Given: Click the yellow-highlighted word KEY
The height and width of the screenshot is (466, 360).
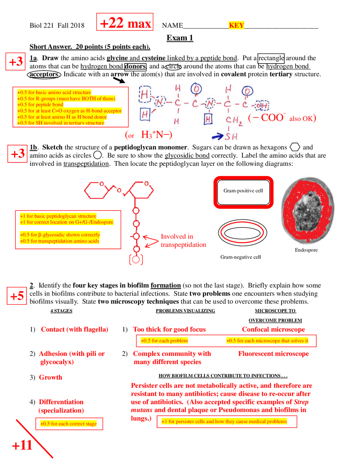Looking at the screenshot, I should pyautogui.click(x=236, y=25).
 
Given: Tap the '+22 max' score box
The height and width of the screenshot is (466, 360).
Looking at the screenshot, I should pyautogui.click(x=125, y=22).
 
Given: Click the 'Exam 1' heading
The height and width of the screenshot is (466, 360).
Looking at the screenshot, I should pyautogui.click(x=180, y=38).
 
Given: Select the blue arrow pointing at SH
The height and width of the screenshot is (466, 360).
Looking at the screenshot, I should pyautogui.click(x=217, y=137).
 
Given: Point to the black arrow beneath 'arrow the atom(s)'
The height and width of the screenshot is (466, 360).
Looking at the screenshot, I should pyautogui.click(x=119, y=80).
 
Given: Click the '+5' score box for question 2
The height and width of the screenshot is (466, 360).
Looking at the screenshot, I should pyautogui.click(x=17, y=296).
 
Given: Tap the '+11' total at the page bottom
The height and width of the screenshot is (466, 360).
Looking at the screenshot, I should pyautogui.click(x=22, y=445).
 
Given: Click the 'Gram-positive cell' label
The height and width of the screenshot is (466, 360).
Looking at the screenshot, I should pyautogui.click(x=243, y=191).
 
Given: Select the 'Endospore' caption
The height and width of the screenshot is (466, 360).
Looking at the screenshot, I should pyautogui.click(x=306, y=250).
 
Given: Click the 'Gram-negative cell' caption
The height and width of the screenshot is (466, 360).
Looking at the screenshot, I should pyautogui.click(x=240, y=257).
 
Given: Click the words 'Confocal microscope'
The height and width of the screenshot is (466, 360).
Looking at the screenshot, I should pyautogui.click(x=273, y=329).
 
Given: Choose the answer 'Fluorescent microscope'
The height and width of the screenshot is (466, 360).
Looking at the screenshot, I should pyautogui.click(x=273, y=354).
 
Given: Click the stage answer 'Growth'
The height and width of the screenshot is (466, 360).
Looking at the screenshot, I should pyautogui.click(x=51, y=377).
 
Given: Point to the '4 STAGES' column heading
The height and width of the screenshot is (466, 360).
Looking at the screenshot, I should pyautogui.click(x=61, y=311).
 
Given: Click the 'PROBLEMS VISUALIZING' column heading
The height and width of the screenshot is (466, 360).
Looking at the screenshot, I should pyautogui.click(x=185, y=311).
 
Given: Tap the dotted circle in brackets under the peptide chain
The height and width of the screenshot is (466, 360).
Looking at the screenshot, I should pyautogui.click(x=136, y=259).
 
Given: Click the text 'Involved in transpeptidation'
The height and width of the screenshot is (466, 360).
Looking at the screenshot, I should pyautogui.click(x=183, y=241).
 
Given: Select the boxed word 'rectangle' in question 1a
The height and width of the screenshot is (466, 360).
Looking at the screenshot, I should pyautogui.click(x=271, y=58).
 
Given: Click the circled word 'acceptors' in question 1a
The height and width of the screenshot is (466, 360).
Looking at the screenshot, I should pyautogui.click(x=44, y=74).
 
